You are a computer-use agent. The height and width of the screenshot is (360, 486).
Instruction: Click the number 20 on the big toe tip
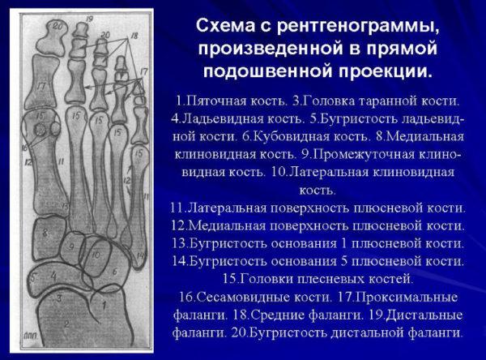pos(57,25)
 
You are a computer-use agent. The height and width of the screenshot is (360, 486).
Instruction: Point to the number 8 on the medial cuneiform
pos(46,234)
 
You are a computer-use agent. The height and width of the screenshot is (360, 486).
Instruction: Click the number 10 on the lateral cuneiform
pos(95,255)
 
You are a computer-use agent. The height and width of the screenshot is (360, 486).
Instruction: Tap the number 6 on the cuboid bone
pos(115,273)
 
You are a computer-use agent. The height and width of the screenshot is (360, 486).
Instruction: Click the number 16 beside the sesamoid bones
pos(25,147)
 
